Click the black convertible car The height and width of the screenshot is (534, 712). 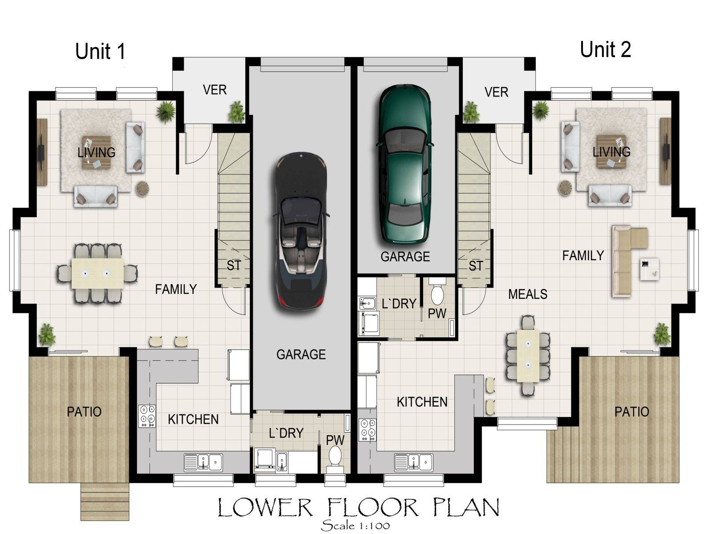pyautogui.click(x=301, y=231)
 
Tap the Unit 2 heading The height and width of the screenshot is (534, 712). pyautogui.click(x=605, y=49)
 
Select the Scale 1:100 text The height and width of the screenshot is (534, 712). pyautogui.click(x=356, y=525)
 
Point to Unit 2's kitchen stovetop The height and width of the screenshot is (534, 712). pyautogui.click(x=368, y=430)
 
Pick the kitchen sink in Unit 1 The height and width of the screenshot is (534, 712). pyautogui.click(x=203, y=462)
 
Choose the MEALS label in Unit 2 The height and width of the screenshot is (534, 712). pyautogui.click(x=528, y=295)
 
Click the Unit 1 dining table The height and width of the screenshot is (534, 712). pyautogui.click(x=97, y=273)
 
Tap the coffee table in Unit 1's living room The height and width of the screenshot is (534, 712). pyautogui.click(x=96, y=152)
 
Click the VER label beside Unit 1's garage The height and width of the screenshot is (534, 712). pyautogui.click(x=214, y=90)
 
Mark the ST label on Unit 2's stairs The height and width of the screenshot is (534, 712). pyautogui.click(x=476, y=266)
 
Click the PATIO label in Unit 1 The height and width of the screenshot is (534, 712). pyautogui.click(x=84, y=412)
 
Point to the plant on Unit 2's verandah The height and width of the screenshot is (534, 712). pyautogui.click(x=471, y=112)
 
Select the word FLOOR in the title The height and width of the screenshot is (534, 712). pyautogui.click(x=373, y=507)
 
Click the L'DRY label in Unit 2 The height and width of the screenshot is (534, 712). pyautogui.click(x=399, y=304)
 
